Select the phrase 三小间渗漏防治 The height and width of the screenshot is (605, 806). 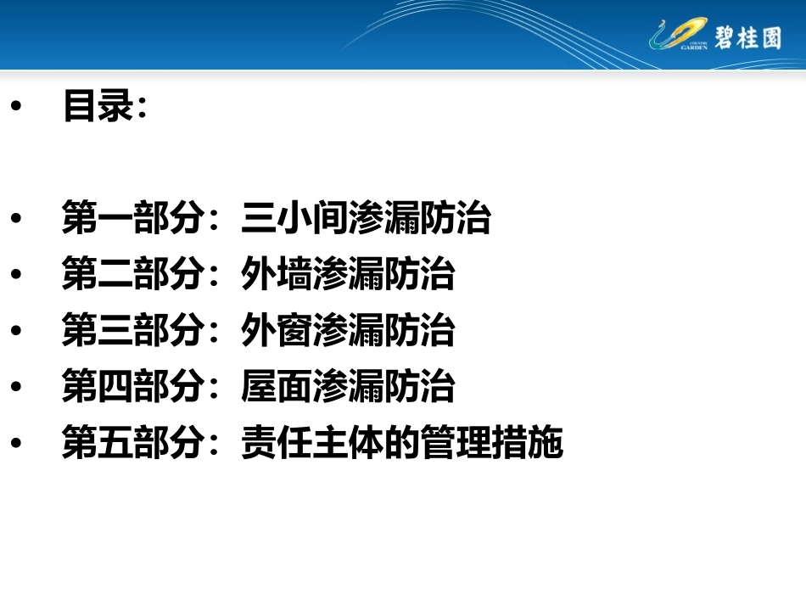pos(366,218)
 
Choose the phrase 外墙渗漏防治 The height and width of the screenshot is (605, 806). pos(348,275)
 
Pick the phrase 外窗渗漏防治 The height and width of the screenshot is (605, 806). pos(348,331)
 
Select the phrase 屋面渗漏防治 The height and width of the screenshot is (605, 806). pos(348,387)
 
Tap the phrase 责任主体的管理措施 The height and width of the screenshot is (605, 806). pos(402,443)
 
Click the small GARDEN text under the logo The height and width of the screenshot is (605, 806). pos(693,48)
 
